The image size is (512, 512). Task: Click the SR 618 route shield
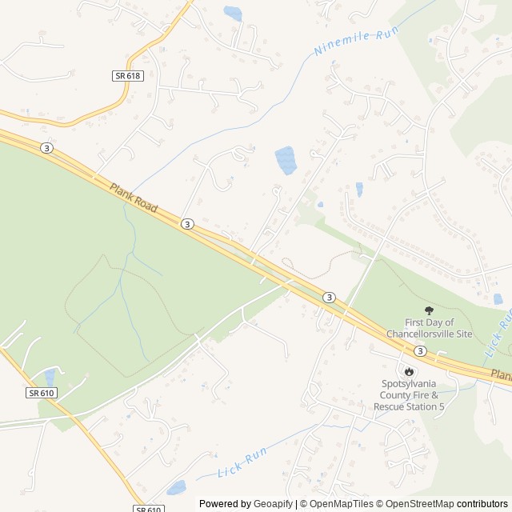(128, 74)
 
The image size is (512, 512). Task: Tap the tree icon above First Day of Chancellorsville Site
(430, 310)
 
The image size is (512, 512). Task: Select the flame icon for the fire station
(409, 371)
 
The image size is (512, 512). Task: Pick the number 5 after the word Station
(441, 407)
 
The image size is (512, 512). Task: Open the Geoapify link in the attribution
(274, 504)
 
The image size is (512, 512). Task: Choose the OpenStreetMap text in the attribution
(416, 504)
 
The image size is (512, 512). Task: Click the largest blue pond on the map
(285, 160)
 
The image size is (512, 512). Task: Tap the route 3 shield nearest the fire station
(420, 350)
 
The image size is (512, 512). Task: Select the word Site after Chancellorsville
(463, 334)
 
